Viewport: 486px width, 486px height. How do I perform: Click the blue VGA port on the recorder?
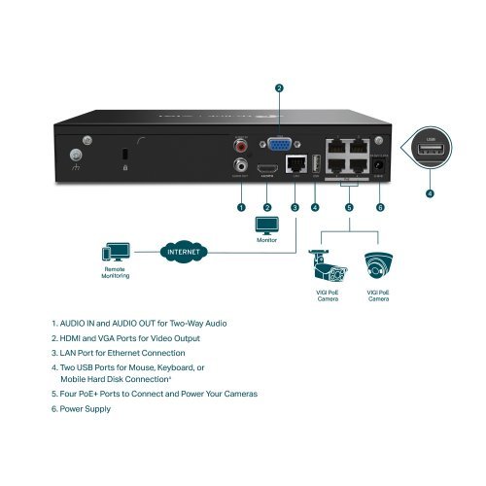point(279,144)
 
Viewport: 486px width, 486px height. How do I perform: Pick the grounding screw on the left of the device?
point(75,153)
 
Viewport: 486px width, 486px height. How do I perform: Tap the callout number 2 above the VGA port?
point(279,88)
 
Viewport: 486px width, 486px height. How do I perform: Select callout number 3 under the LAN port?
point(295,207)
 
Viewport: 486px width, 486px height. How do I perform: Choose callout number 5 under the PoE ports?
point(349,207)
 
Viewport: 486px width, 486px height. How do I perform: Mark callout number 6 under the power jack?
point(380,207)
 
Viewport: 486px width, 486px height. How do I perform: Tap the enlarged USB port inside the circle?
point(430,153)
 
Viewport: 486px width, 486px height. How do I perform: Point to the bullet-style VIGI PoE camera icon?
point(322,265)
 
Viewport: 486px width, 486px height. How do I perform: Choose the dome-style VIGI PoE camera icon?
point(378,265)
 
